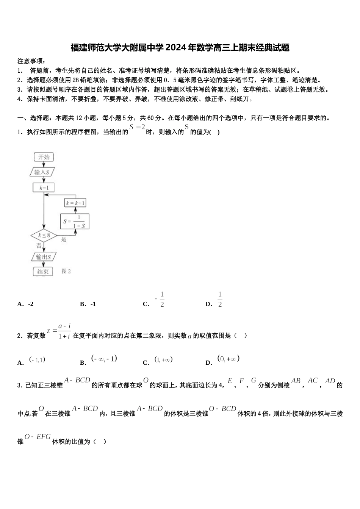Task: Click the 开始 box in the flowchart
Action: pyautogui.click(x=44, y=157)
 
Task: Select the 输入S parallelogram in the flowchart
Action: pyautogui.click(x=42, y=172)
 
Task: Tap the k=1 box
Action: pyautogui.click(x=44, y=187)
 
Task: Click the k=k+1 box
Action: pyautogui.click(x=75, y=203)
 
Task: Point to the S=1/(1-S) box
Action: pyautogui.click(x=75, y=221)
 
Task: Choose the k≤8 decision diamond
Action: pyautogui.click(x=44, y=236)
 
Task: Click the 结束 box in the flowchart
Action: pyautogui.click(x=44, y=272)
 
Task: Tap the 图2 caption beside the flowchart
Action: pyautogui.click(x=66, y=271)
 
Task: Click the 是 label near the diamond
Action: pyautogui.click(x=64, y=239)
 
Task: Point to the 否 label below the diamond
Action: pyautogui.click(x=39, y=245)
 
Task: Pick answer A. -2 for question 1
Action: pyautogui.click(x=26, y=304)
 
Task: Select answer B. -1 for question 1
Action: pyautogui.click(x=88, y=304)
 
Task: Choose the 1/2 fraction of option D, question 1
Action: pyautogui.click(x=220, y=299)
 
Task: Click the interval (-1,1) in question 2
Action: pyautogui.click(x=37, y=360)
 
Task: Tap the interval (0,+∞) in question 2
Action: pyautogui.click(x=229, y=359)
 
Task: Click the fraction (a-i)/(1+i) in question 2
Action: pyautogui.click(x=64, y=331)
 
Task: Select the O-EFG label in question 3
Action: pyautogui.click(x=38, y=437)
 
